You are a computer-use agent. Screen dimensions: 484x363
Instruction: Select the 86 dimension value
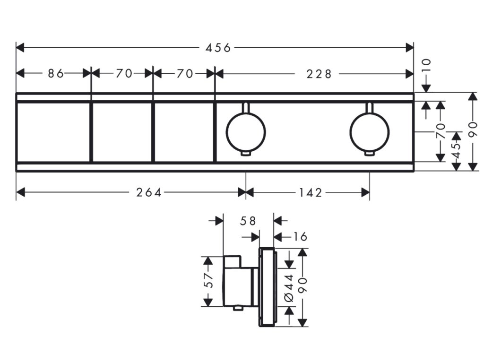coord(56,73)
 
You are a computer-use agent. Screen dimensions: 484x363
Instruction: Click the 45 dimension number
coord(456,150)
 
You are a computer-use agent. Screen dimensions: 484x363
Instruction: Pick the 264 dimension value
coord(149,192)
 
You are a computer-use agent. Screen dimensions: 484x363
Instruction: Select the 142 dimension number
coord(311,192)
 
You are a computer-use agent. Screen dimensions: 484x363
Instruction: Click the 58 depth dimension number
coord(248,221)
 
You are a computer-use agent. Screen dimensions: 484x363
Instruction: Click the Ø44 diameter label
coord(289,287)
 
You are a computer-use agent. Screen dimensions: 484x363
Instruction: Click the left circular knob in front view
coord(246,130)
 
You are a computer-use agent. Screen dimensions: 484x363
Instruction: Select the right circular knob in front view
coord(369,130)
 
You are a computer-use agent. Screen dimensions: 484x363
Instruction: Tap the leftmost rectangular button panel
coord(53,132)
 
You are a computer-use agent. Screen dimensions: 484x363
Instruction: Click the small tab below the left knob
coord(246,153)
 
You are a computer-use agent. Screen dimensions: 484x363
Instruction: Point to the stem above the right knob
coord(369,107)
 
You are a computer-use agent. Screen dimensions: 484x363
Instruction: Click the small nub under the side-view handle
coord(239,310)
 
